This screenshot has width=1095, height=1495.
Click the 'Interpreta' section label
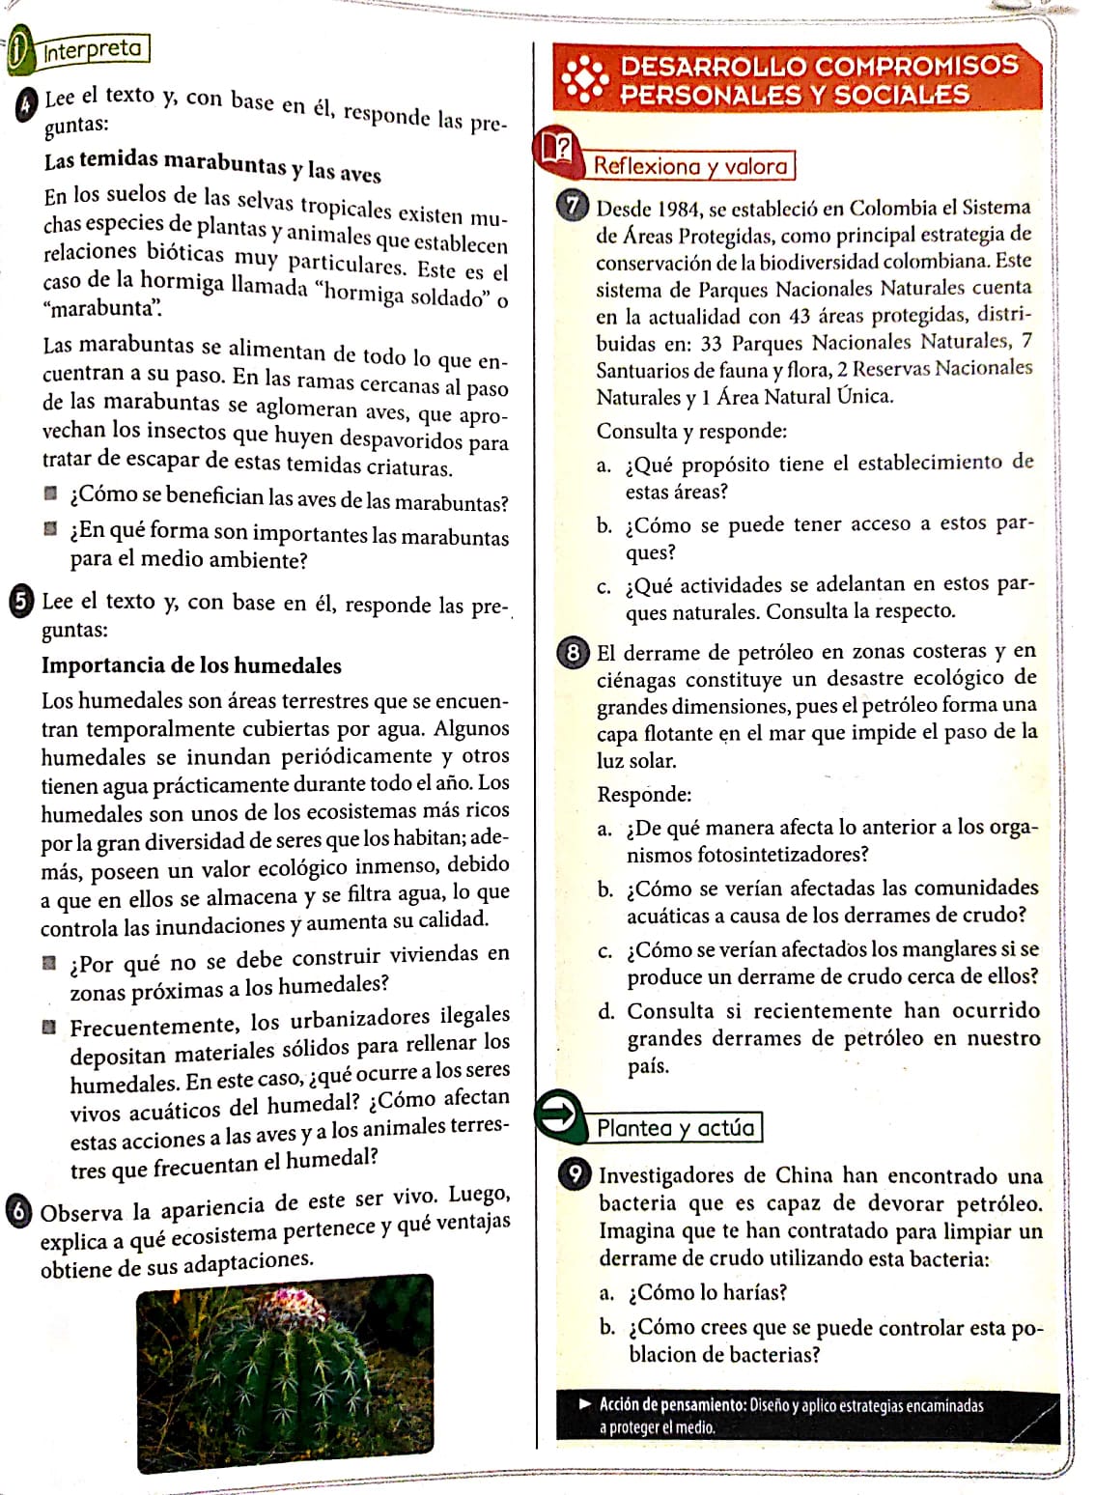pos(92,49)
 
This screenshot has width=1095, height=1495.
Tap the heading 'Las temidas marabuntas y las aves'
pos(212,166)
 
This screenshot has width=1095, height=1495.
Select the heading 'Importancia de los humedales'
pos(191,665)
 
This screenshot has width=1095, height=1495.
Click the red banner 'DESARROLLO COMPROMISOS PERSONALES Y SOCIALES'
pos(798,80)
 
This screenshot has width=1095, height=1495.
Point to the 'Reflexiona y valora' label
pos(690,166)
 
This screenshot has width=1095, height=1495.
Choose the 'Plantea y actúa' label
pos(675,1128)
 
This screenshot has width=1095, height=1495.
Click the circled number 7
pos(574,206)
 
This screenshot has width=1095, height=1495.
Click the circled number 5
pos(19,601)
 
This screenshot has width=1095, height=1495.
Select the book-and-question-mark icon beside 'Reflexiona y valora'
pos(558,148)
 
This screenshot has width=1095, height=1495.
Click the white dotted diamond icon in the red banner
pos(585,79)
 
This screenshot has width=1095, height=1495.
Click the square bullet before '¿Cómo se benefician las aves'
pos(50,494)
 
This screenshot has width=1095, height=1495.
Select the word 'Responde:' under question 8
pos(644,795)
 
